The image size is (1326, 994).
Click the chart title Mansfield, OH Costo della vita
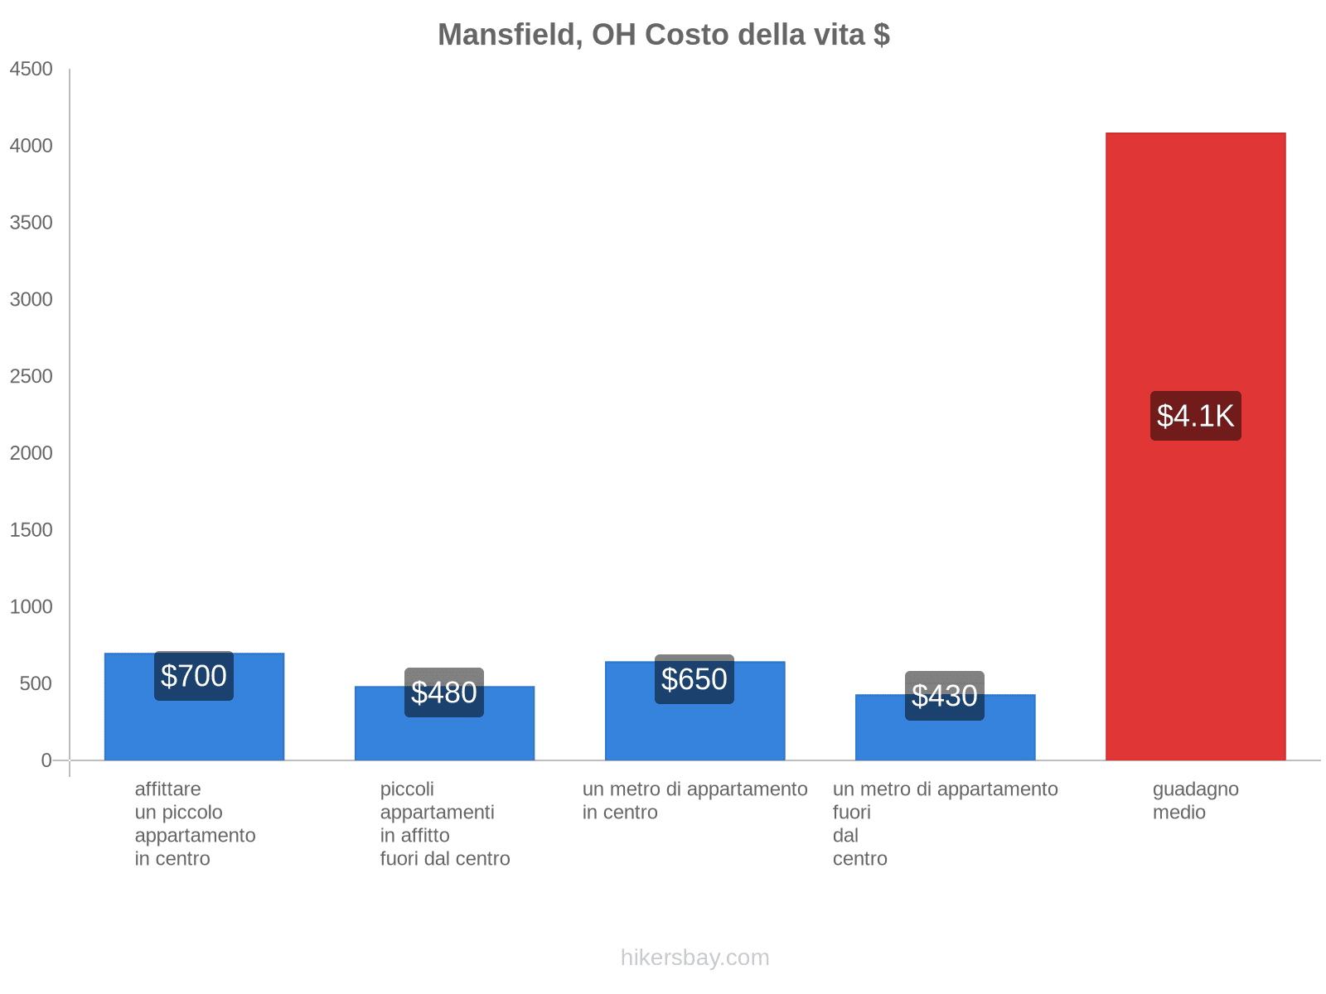click(x=663, y=35)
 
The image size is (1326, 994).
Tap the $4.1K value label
click(x=1195, y=416)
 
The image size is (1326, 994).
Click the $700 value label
click(x=194, y=676)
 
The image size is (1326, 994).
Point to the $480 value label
click(x=444, y=692)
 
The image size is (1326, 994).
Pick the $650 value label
click(x=694, y=679)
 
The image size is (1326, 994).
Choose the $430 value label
click(x=945, y=696)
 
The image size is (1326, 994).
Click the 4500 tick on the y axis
click(x=31, y=69)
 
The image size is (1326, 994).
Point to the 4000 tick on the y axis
click(x=31, y=146)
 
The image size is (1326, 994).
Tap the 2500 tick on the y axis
click(x=31, y=376)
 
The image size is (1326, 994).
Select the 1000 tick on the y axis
click(x=31, y=607)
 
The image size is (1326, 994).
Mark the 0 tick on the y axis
click(x=46, y=760)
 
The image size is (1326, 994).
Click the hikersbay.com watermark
click(x=694, y=958)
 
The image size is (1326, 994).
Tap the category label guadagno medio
click(x=1195, y=800)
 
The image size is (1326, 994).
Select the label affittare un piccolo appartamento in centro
click(x=195, y=823)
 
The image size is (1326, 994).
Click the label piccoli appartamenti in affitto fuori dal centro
click(x=445, y=823)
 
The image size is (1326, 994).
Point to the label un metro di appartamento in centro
click(x=694, y=800)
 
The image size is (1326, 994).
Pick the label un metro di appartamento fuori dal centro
click(x=945, y=823)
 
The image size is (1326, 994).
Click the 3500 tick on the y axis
click(x=31, y=223)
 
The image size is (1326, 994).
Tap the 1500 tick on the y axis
click(x=31, y=530)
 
